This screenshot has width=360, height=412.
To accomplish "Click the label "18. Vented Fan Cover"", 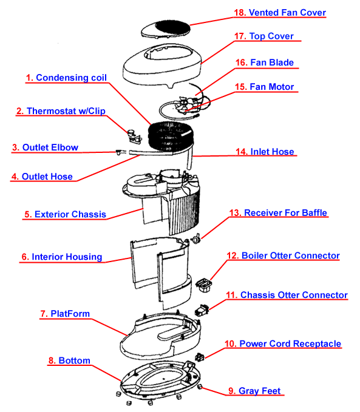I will (280, 13).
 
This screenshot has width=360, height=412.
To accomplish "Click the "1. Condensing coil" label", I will (67, 78).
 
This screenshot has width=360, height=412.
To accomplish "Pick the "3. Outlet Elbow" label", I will (45, 147).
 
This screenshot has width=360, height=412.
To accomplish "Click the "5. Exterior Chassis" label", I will (65, 214).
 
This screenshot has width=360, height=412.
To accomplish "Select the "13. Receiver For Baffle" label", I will (278, 213).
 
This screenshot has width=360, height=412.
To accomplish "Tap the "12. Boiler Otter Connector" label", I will (282, 255).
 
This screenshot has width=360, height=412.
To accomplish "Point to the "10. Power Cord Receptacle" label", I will (282, 344).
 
